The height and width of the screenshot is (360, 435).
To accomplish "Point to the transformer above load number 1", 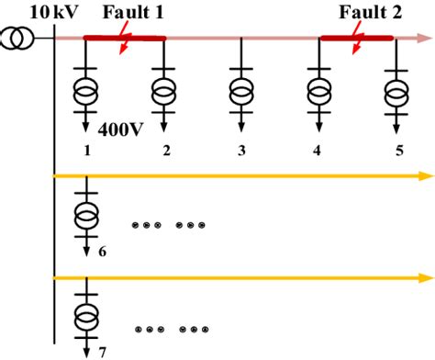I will click(x=86, y=92).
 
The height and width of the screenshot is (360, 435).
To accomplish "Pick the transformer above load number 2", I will click(x=164, y=92).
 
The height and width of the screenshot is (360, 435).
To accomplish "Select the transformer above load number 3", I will click(x=242, y=92).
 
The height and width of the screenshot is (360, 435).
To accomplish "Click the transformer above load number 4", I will click(x=320, y=92).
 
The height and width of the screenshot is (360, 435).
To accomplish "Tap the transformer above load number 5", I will click(x=397, y=92).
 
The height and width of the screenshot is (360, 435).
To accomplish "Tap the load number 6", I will click(x=102, y=250).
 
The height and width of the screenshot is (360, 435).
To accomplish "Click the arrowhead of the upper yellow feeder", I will click(x=425, y=174).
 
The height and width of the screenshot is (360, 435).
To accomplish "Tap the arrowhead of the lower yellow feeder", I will click(x=425, y=276).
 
